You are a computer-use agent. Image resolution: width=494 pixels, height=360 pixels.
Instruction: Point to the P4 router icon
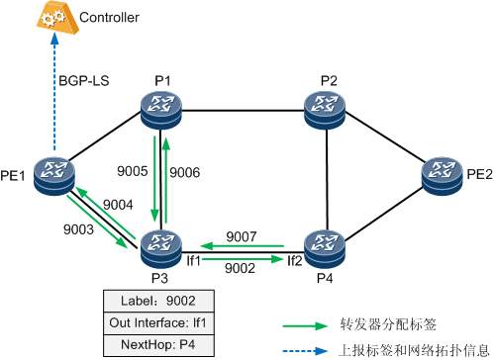(x=327, y=243)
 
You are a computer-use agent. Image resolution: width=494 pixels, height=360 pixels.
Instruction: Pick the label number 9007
(x=243, y=237)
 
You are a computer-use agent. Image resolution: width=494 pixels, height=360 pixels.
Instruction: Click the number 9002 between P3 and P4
(x=243, y=268)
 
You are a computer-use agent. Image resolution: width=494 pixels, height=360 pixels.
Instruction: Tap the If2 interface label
(x=294, y=261)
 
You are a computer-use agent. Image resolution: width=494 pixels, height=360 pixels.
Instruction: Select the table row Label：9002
(x=159, y=298)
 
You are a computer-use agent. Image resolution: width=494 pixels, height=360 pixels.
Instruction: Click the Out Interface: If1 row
(x=159, y=321)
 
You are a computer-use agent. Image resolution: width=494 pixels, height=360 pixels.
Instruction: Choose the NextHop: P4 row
(x=159, y=345)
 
